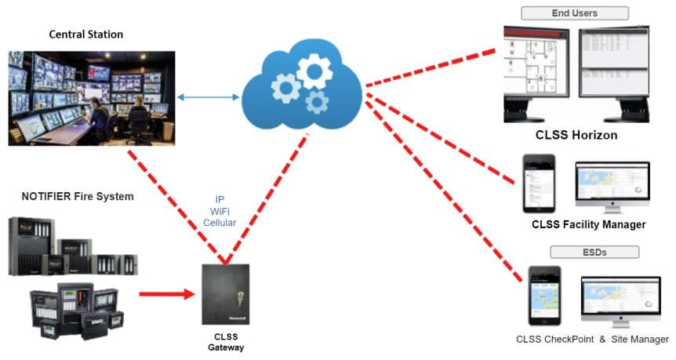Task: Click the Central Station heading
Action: [86, 35]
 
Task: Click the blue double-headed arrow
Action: [207, 98]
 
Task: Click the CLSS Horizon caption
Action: [576, 135]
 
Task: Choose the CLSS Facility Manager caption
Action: [588, 224]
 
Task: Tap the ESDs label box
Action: [594, 252]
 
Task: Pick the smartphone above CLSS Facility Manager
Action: [538, 183]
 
